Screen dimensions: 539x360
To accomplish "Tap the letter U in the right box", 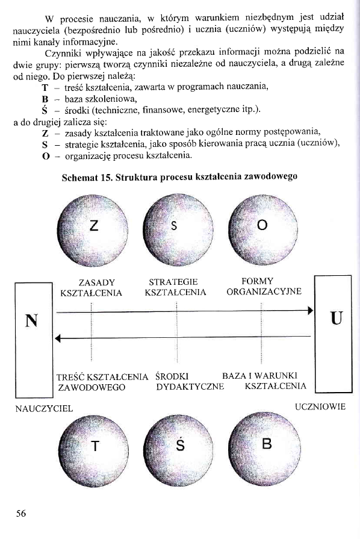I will pos(335,317).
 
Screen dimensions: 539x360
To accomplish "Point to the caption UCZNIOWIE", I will pos(320,407).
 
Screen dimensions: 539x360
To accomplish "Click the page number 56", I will pos(20,513).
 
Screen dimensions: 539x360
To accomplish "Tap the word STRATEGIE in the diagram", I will pos(173,282).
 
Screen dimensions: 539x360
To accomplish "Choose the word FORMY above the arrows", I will pos(257,281).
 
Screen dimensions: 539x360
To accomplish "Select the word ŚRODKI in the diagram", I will pos(172,376).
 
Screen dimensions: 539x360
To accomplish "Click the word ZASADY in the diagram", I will pos(97,282).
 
